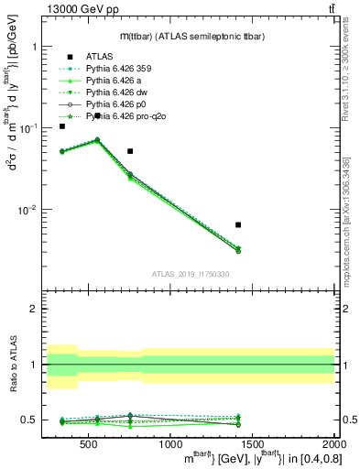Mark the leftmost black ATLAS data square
coord(62,126)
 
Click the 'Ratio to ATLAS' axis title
coord(13,364)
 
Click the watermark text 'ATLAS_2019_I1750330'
coord(191,274)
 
